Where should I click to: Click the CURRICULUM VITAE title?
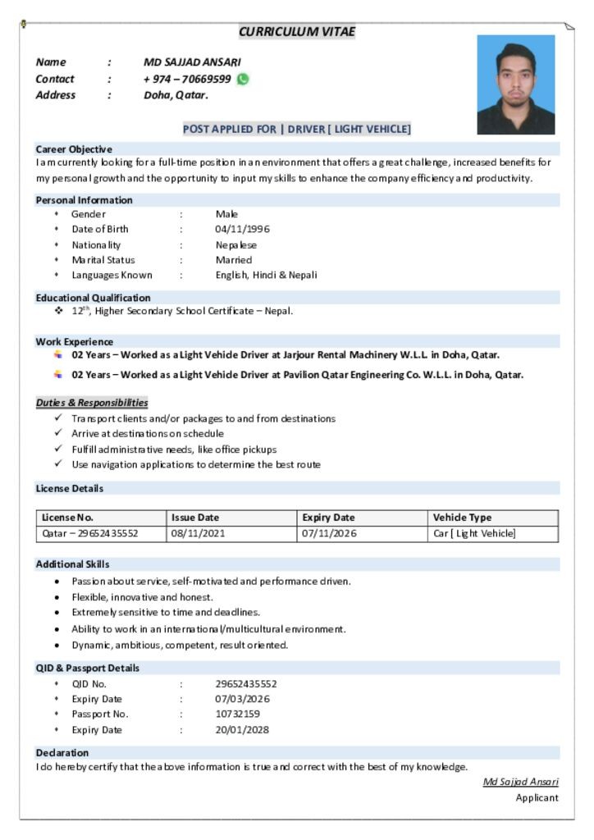click(x=297, y=31)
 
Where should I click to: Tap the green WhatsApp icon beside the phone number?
click(x=243, y=80)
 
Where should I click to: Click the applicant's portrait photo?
click(x=515, y=84)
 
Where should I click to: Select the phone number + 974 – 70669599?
click(x=187, y=80)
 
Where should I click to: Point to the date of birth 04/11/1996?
click(x=242, y=229)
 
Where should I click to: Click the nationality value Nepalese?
click(x=235, y=244)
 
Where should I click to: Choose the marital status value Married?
click(x=234, y=260)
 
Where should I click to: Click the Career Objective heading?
click(x=74, y=149)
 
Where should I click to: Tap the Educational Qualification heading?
click(x=94, y=298)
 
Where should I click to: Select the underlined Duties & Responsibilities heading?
click(x=92, y=403)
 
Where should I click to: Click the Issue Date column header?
click(x=195, y=518)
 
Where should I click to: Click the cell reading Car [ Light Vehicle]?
click(x=474, y=533)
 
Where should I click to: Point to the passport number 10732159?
click(x=237, y=714)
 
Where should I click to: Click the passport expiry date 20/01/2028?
click(x=242, y=729)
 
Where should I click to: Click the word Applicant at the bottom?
click(x=537, y=797)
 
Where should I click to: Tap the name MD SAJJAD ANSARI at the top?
click(x=192, y=62)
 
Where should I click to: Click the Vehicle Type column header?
click(x=462, y=518)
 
